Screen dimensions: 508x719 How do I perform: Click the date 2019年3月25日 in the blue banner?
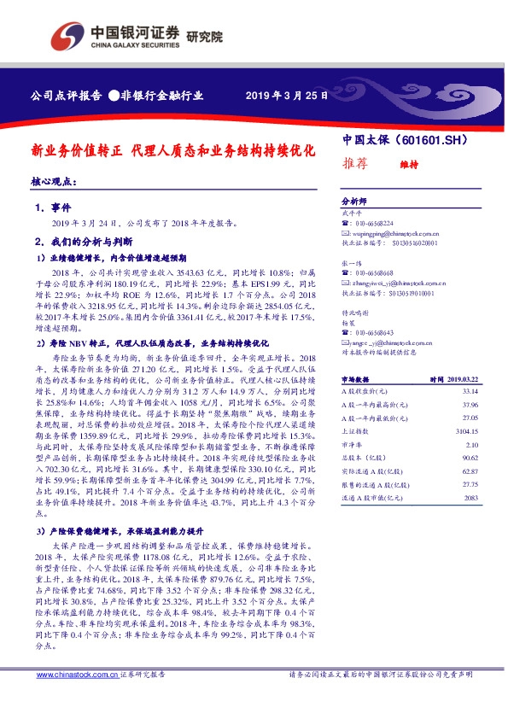pyautogui.click(x=286, y=95)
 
